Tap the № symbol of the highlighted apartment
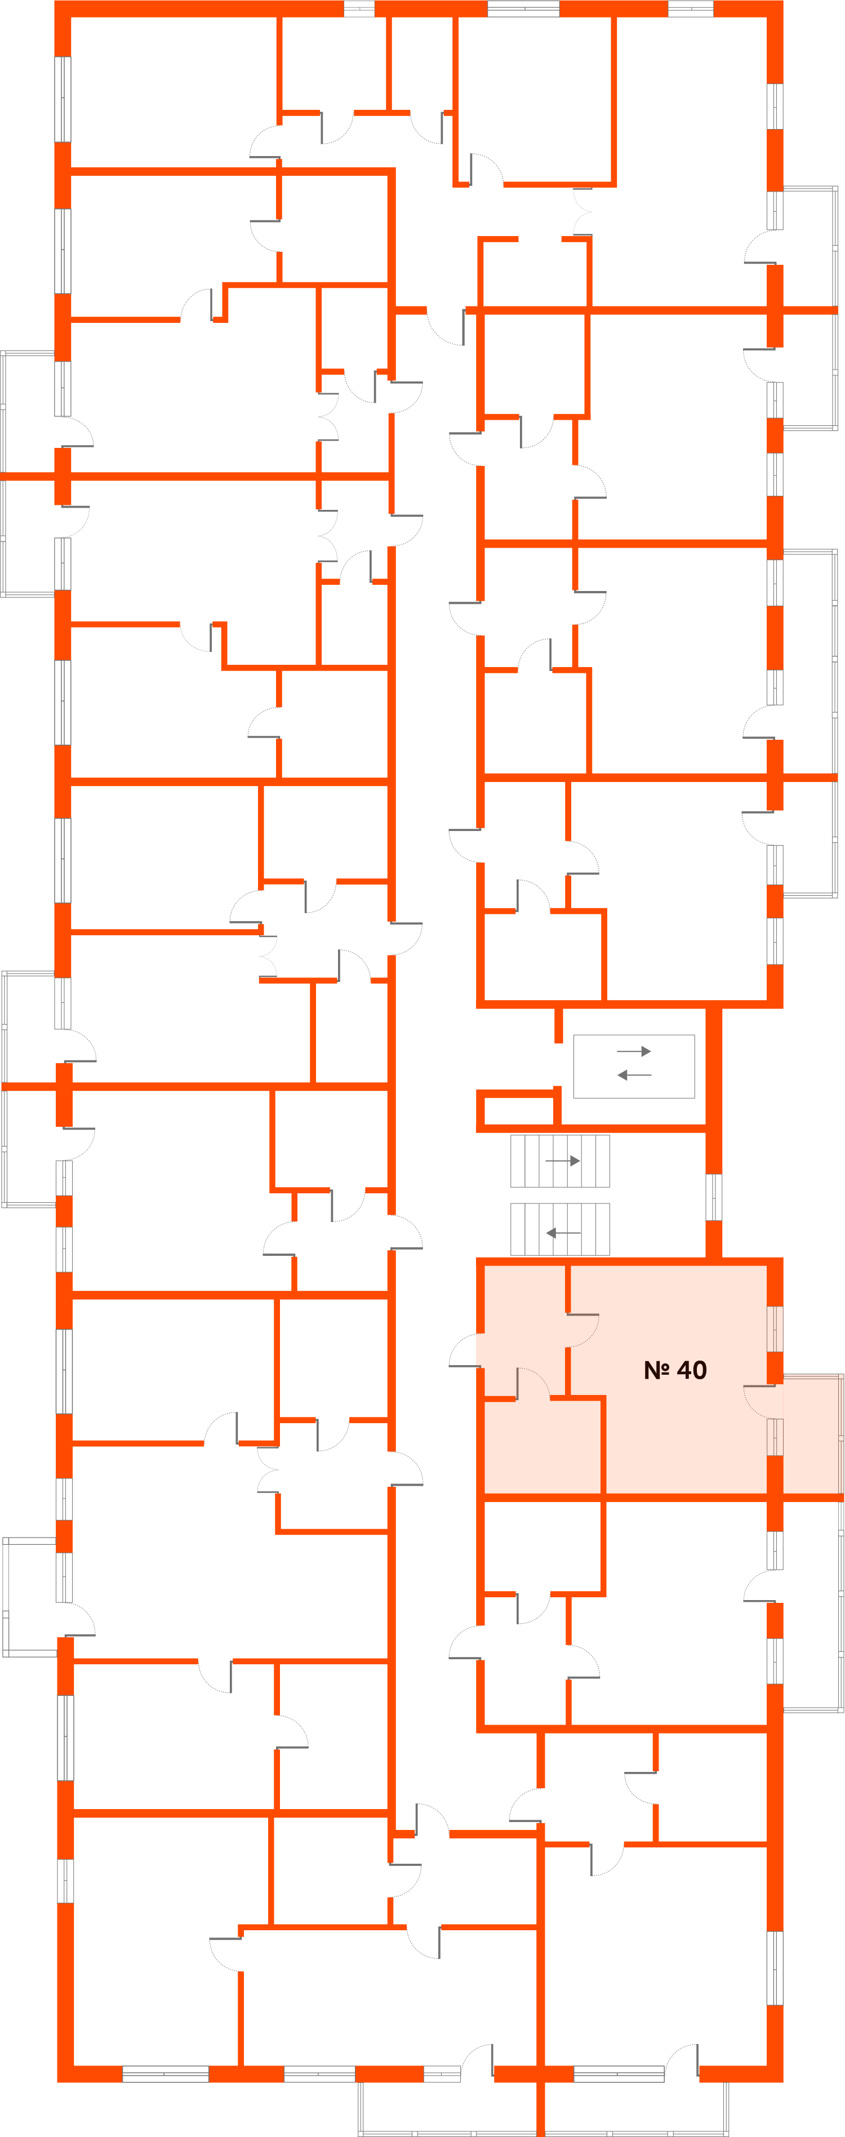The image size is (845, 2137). point(657,1370)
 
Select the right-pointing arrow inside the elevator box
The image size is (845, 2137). point(634,1051)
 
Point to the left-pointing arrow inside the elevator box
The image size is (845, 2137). point(634,1075)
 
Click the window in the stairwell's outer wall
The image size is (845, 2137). point(713,1197)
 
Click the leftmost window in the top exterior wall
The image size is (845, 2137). point(359,9)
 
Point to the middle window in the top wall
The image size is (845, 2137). point(523,9)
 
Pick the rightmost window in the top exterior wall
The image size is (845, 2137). point(690,9)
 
